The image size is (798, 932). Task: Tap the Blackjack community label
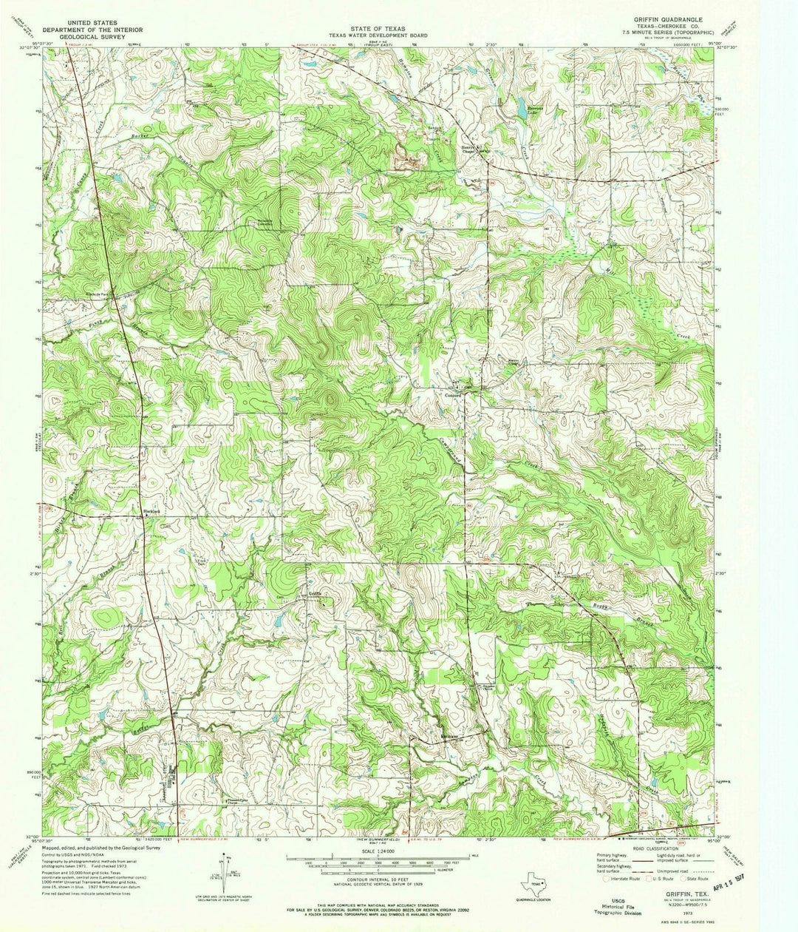point(152,511)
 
